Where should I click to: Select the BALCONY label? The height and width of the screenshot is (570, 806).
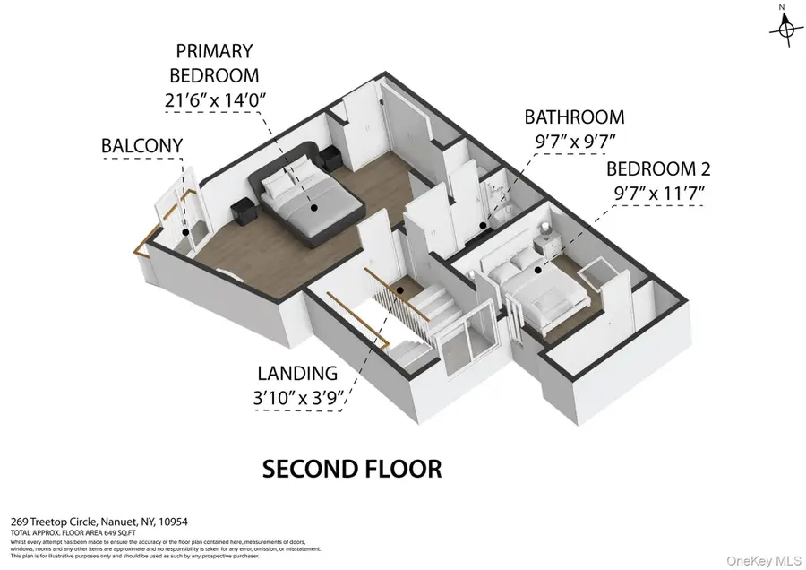click(141, 145)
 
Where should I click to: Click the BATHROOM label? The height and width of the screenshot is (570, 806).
click(574, 117)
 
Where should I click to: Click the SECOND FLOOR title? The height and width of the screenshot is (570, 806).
click(351, 468)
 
